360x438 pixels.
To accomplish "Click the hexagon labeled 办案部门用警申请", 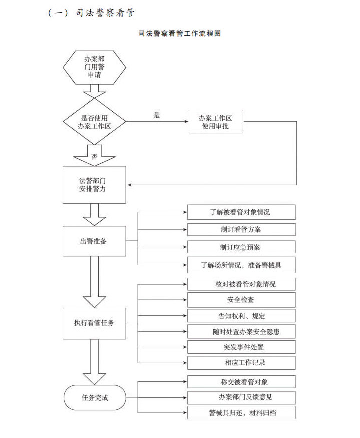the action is click(94, 67).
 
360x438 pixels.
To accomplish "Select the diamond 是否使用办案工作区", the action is click(94, 122).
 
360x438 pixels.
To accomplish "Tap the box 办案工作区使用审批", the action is click(216, 122).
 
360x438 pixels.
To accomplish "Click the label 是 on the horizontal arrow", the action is click(157, 115).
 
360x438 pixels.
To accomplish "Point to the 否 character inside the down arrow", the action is click(95, 157).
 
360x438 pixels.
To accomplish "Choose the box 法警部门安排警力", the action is click(94, 185).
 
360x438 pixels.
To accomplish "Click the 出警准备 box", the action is click(94, 241).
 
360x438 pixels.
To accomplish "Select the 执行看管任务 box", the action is click(94, 323).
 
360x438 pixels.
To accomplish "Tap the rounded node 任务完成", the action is click(95, 397).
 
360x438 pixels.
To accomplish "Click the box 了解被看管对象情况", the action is click(241, 212).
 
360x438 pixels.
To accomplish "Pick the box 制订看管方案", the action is click(241, 230).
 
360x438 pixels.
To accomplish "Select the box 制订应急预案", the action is click(241, 247).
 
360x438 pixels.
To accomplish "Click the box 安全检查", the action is click(241, 300).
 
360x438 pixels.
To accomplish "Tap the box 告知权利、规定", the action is click(241, 316).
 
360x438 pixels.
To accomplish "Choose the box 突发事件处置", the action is click(241, 347).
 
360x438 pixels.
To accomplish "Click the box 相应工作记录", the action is click(241, 363).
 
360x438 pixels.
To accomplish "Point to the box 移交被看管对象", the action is click(241, 382).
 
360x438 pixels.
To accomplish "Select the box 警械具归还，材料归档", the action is click(241, 413).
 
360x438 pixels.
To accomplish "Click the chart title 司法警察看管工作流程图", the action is click(180, 34).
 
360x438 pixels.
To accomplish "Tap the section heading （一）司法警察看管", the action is click(91, 13).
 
